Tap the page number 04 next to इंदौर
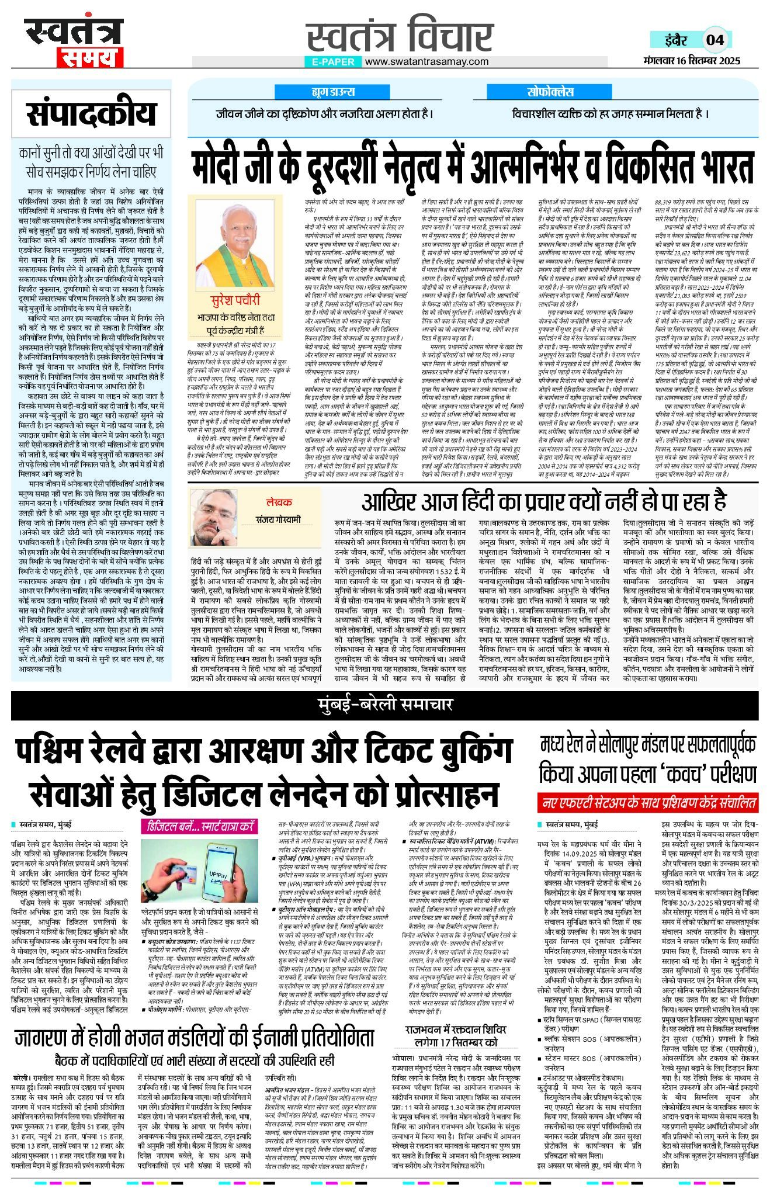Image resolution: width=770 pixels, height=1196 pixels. (x=714, y=40)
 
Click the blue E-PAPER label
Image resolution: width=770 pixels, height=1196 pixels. (x=333, y=61)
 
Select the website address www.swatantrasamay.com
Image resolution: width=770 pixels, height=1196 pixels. (x=426, y=61)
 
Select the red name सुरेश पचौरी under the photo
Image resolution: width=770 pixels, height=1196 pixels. (x=235, y=300)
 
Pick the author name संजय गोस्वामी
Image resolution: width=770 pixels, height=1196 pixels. (x=278, y=519)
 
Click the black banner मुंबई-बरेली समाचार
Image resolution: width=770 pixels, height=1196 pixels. (x=384, y=705)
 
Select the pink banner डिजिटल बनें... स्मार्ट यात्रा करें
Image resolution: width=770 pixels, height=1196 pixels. (x=200, y=826)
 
